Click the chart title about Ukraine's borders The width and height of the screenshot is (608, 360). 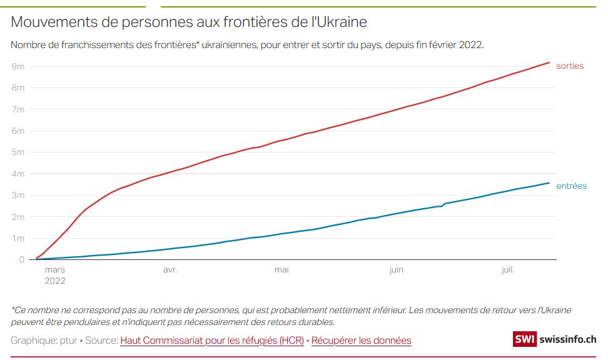(189, 22)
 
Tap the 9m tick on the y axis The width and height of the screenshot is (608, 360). (18, 66)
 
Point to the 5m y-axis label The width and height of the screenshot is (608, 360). (18, 152)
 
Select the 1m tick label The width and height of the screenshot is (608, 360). (18, 238)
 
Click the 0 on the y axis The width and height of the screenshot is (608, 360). (21, 259)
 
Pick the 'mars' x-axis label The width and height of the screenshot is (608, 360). (55, 270)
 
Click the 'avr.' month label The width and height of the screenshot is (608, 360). (170, 270)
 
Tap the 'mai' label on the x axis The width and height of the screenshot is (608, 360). (281, 270)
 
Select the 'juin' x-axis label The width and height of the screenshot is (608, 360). (396, 270)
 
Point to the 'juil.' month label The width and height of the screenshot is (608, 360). (508, 270)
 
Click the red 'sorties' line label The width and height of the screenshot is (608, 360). (569, 66)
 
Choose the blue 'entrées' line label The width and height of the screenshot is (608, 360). (571, 186)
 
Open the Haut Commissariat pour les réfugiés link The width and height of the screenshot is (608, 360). (212, 341)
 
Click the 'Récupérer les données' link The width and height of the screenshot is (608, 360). (362, 341)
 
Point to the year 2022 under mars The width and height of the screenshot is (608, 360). (55, 281)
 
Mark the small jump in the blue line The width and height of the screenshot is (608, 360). (443, 204)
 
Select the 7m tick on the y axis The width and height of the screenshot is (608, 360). (18, 109)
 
